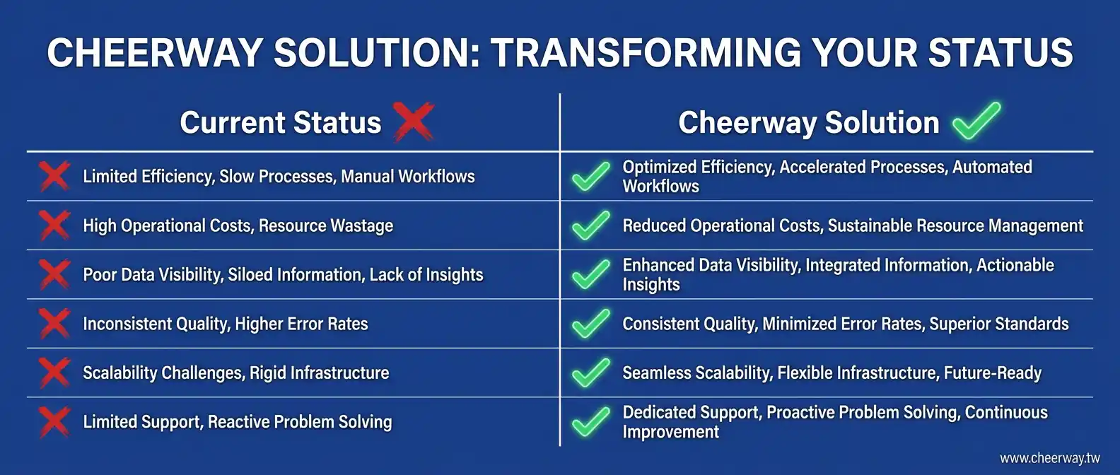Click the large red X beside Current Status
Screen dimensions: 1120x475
(x=414, y=122)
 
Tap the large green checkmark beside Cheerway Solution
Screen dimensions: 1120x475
(x=976, y=120)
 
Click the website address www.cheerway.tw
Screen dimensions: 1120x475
(x=1050, y=458)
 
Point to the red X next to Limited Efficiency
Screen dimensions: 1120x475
(x=54, y=176)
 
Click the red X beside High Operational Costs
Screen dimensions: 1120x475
(x=54, y=225)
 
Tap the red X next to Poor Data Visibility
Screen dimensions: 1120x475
(x=54, y=274)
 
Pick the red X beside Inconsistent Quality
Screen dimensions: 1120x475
(x=54, y=323)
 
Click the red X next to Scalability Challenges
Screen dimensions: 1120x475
(x=54, y=372)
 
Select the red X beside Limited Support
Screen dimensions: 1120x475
(x=54, y=421)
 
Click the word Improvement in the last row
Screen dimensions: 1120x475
(x=670, y=432)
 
